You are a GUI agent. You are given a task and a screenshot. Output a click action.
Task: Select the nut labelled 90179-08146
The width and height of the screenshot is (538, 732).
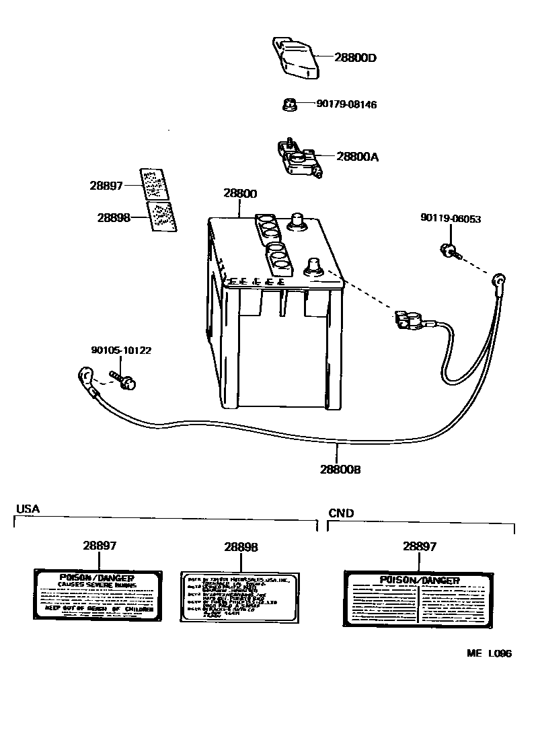point(287,104)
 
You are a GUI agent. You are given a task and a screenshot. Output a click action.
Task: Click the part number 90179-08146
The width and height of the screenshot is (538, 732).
point(346,104)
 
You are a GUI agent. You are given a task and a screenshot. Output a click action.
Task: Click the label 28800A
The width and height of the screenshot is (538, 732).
point(357,157)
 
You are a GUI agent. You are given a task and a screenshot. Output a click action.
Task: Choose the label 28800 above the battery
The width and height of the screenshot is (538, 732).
point(240,194)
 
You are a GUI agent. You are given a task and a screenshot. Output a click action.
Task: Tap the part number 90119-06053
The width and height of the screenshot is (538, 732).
point(451,219)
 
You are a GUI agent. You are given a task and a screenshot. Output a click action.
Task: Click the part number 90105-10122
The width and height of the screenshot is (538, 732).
point(121,350)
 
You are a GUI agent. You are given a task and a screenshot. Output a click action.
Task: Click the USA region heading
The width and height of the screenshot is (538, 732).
point(28,509)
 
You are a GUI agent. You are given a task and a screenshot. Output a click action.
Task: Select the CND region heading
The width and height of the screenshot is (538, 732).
point(341,513)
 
